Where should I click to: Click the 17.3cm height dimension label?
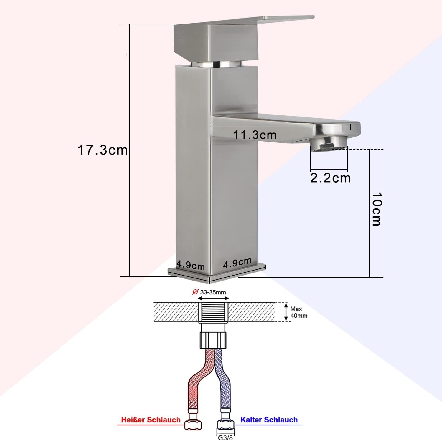coord(103,150)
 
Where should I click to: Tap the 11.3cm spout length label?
coord(255,135)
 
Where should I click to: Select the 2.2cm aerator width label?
coord(330,178)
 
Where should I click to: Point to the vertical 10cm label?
coord(376,209)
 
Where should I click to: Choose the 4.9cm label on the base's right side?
coord(237,263)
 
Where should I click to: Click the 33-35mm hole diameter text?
coord(213,292)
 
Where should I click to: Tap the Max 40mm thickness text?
coord(299,312)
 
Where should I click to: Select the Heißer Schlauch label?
coord(151,420)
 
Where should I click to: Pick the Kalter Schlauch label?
coord(269,420)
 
